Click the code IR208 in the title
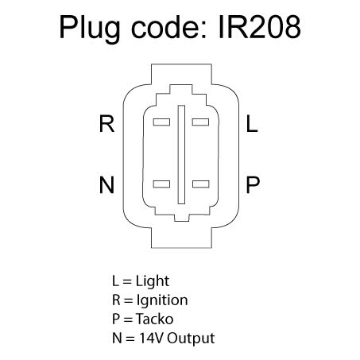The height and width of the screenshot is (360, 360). coord(260,27)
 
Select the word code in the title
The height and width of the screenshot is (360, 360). coord(168,27)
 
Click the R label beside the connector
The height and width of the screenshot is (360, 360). coord(106,123)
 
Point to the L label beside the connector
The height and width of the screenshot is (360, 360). coord(252,123)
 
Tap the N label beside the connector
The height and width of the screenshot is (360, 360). coord(106,184)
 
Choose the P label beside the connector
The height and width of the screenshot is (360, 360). coord(253,184)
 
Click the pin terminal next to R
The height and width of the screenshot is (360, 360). coord(161,122)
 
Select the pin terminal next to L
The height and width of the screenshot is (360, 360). coord(200,122)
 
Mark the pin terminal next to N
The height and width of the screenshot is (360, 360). coord(161,184)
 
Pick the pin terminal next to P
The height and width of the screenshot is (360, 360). coord(201,184)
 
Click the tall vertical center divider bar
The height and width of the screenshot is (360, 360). coord(181,154)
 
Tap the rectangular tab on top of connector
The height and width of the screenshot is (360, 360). coord(181,74)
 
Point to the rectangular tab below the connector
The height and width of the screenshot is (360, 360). coord(181,238)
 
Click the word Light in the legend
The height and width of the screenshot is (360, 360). coord(153,281)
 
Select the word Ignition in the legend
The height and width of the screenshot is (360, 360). coord(162,300)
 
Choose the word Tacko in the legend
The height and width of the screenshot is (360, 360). coord(155,319)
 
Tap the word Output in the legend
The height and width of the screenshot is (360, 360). coord(191,339)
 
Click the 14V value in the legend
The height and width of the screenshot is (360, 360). coord(151,338)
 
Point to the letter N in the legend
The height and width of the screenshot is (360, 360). coord(117,338)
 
